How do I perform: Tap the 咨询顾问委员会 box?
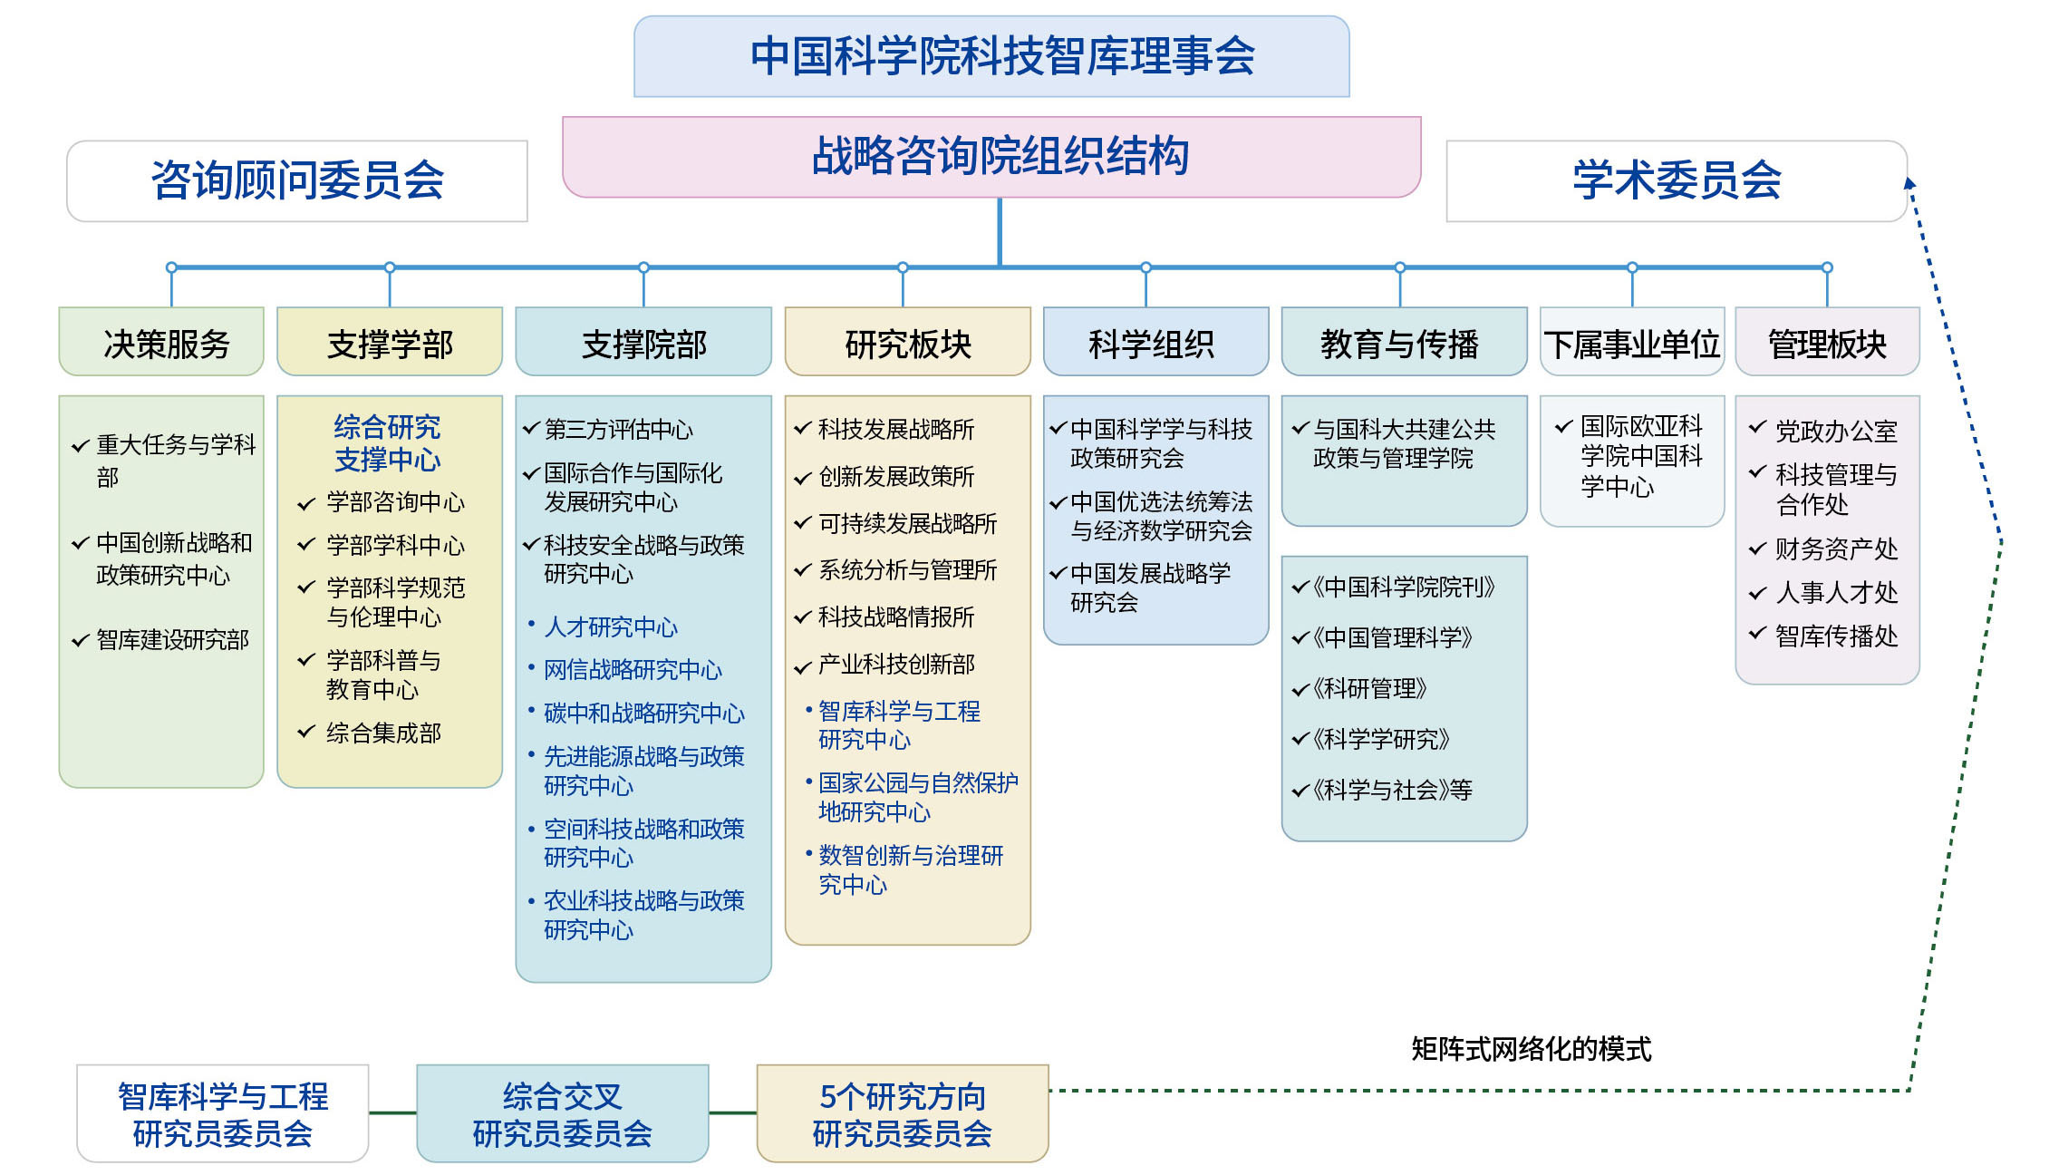pyautogui.click(x=297, y=180)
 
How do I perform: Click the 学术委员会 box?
pyautogui.click(x=1677, y=180)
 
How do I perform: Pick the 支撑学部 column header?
pyautogui.click(x=390, y=342)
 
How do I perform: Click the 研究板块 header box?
pyautogui.click(x=907, y=342)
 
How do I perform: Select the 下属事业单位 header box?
pyautogui.click(x=1631, y=342)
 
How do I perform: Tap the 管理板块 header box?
pyautogui.click(x=1827, y=342)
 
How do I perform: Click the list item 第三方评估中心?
pyautogui.click(x=618, y=429)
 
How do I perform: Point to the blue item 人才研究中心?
pyautogui.click(x=611, y=627)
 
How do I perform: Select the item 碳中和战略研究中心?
pyautogui.click(x=643, y=714)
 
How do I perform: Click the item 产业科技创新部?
pyautogui.click(x=896, y=665)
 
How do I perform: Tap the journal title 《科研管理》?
pyautogui.click(x=1369, y=689)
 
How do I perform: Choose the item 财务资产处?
pyautogui.click(x=1836, y=549)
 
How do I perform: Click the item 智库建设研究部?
pyautogui.click(x=172, y=640)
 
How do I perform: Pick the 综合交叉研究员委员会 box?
pyautogui.click(x=562, y=1113)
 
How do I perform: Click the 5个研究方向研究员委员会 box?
pyautogui.click(x=903, y=1113)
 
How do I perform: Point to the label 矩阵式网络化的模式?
pyautogui.click(x=1531, y=1049)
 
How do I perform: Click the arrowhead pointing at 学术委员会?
pyautogui.click(x=1909, y=183)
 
